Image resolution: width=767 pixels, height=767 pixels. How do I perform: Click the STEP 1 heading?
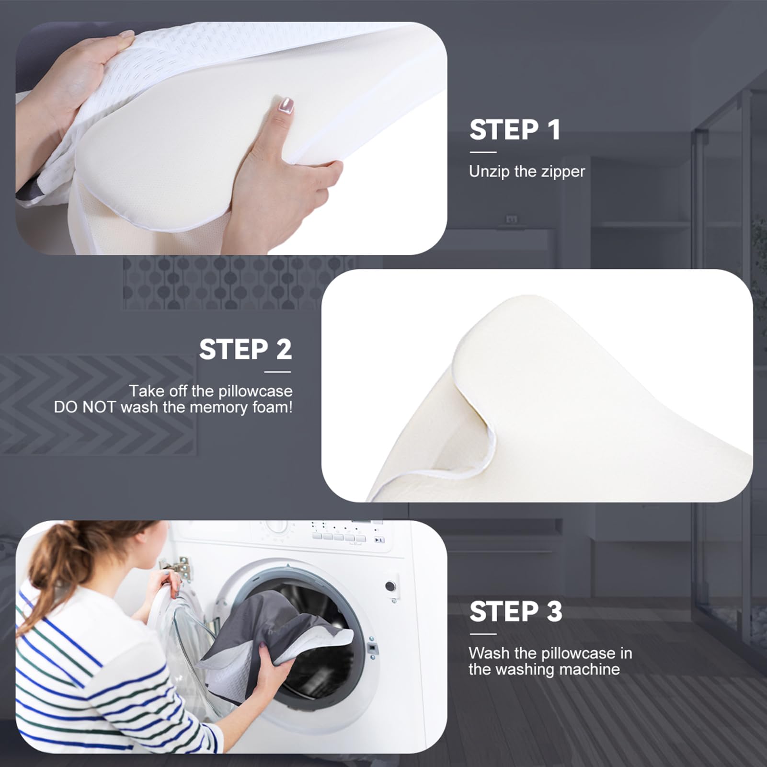coord(515,130)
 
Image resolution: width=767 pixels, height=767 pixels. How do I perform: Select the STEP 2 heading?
coord(245,349)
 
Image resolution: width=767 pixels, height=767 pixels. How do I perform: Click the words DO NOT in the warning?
coord(85,407)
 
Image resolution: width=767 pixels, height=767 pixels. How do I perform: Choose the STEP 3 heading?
coord(515,612)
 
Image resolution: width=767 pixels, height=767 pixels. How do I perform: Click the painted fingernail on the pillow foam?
coord(286,105)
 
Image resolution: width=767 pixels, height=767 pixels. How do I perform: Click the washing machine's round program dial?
coord(277,527)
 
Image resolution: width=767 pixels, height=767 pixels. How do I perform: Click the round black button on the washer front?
coord(390,586)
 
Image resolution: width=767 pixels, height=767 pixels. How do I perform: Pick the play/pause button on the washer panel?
coord(379,540)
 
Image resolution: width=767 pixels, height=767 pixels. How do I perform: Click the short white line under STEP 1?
coord(483,152)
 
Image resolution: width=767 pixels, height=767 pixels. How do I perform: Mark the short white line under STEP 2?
coord(278,372)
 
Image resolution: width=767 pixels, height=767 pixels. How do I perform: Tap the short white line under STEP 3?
coord(483,634)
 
